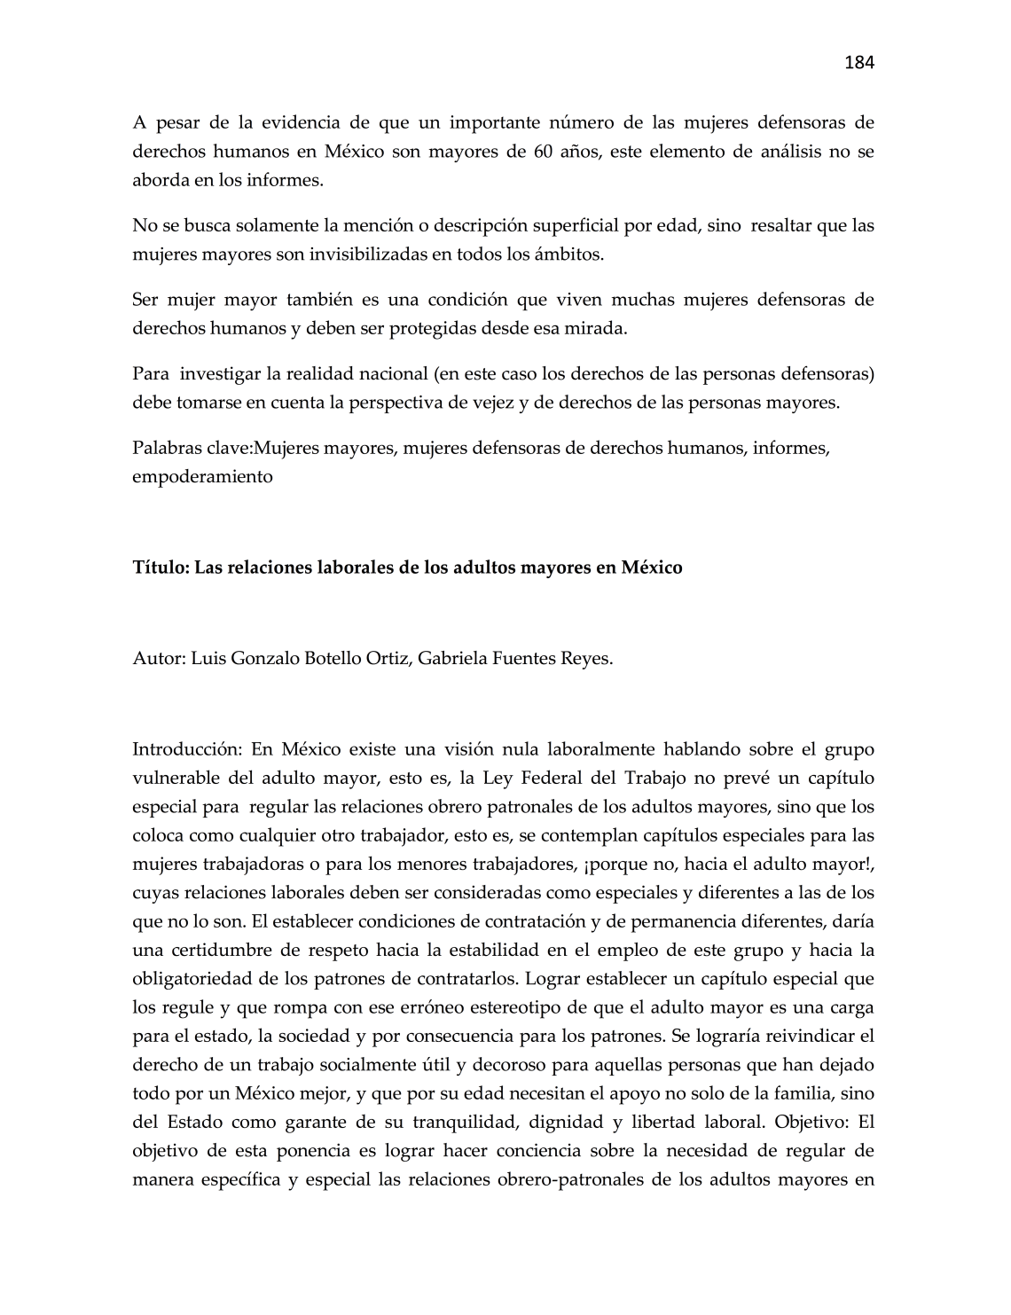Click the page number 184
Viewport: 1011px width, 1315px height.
pyautogui.click(x=858, y=62)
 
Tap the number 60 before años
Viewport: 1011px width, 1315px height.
pyautogui.click(x=544, y=152)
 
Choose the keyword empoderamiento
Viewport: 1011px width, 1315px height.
pyautogui.click(x=202, y=476)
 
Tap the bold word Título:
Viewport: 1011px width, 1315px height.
pyautogui.click(x=161, y=567)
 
